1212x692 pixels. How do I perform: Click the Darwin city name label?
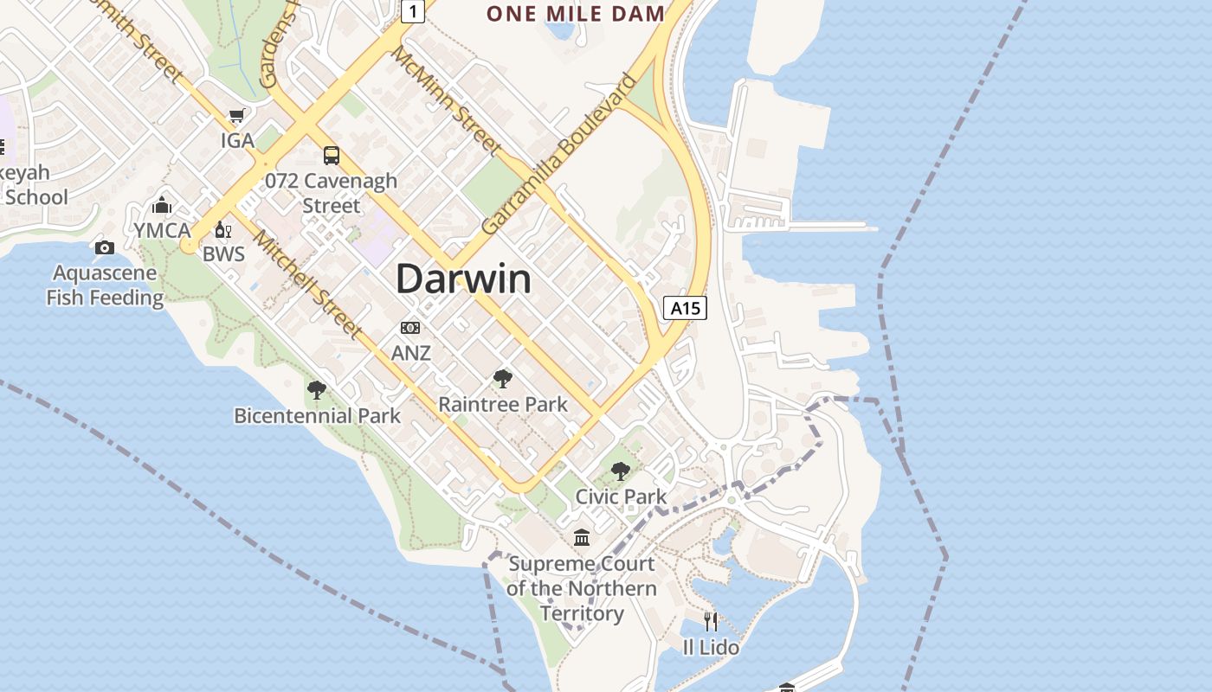(463, 279)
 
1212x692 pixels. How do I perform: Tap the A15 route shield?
(685, 308)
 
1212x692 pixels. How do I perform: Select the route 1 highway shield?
(415, 11)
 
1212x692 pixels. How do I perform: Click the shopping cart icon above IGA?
(236, 116)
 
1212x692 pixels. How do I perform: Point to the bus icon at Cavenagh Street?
(332, 156)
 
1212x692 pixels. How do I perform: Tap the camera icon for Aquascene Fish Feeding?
(105, 248)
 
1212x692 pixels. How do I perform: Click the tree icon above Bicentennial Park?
(317, 390)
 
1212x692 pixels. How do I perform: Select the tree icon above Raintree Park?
(502, 378)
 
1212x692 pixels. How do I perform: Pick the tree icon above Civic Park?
(621, 471)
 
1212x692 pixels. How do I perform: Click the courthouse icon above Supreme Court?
(582, 538)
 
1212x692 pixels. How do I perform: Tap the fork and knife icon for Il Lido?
(711, 621)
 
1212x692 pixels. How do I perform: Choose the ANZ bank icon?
(410, 328)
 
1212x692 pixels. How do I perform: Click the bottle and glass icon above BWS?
(223, 230)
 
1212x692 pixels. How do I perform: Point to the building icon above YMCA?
(162, 206)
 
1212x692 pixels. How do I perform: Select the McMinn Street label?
(446, 100)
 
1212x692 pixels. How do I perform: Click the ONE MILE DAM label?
(576, 13)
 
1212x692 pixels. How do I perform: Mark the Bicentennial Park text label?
(317, 416)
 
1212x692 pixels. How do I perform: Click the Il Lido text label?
(711, 647)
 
